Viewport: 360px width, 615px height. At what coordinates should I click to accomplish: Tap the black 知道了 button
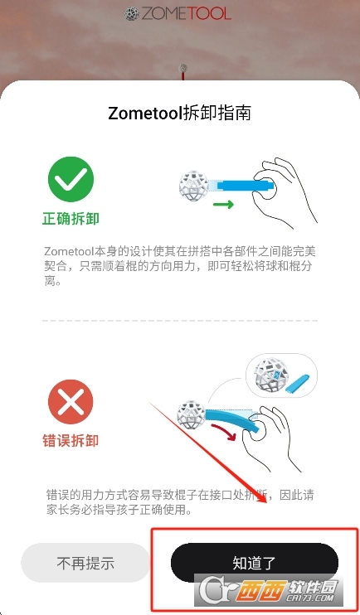[255, 563]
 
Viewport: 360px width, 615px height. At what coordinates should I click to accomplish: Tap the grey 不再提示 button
[85, 564]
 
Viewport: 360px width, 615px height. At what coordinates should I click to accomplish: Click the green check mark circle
[71, 179]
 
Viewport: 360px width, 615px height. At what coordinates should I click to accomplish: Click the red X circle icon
[71, 403]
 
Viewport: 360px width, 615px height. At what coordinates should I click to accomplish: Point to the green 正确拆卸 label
[71, 219]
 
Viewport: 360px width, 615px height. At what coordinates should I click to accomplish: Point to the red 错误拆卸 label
[71, 441]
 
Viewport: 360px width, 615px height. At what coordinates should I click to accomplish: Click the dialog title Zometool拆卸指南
[179, 113]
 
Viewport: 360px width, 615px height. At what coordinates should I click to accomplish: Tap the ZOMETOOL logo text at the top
[186, 14]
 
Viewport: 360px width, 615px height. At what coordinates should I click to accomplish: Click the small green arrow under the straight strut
[223, 205]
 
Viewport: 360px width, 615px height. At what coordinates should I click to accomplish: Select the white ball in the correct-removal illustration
[193, 185]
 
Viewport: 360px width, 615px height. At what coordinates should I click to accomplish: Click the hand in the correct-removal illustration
[284, 191]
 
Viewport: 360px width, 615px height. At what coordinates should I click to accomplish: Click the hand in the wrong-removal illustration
[267, 438]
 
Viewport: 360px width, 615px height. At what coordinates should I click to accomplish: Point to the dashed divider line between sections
[180, 321]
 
